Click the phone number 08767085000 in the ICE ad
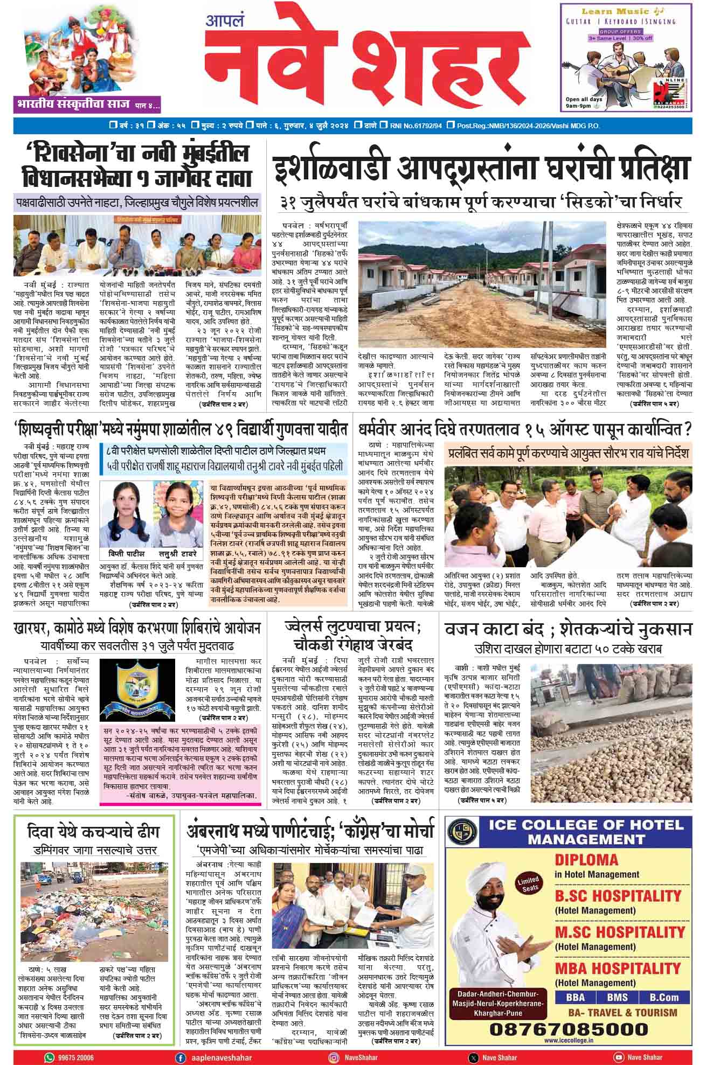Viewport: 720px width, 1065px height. (x=568, y=1028)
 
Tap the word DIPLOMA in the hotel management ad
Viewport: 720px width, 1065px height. (x=586, y=860)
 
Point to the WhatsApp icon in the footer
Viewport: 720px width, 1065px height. (x=50, y=1057)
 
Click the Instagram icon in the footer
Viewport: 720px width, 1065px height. (x=334, y=1057)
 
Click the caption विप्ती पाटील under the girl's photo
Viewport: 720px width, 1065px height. (x=126, y=554)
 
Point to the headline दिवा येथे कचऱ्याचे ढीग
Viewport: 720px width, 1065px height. (x=94, y=832)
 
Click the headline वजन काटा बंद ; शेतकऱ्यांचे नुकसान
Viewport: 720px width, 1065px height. (x=569, y=630)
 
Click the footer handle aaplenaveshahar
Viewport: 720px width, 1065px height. (x=215, y=1057)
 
